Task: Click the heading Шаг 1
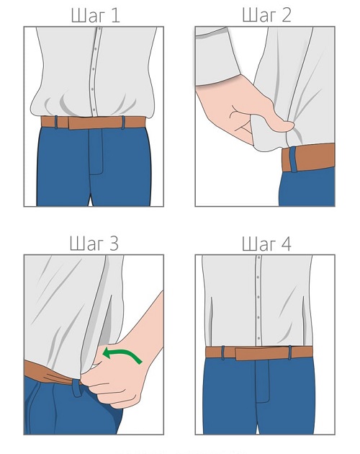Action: click(x=95, y=15)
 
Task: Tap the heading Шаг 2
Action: click(x=266, y=15)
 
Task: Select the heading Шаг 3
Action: click(x=94, y=244)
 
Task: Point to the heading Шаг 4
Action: click(x=266, y=244)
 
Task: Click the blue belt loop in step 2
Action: click(x=294, y=159)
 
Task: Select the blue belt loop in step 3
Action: click(x=77, y=388)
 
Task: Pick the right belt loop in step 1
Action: click(x=123, y=123)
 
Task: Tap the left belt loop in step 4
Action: click(x=223, y=352)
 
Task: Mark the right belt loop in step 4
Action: click(x=290, y=352)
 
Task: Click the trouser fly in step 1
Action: click(x=96, y=151)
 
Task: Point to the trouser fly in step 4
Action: click(x=263, y=381)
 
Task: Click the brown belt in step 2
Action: click(x=308, y=158)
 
